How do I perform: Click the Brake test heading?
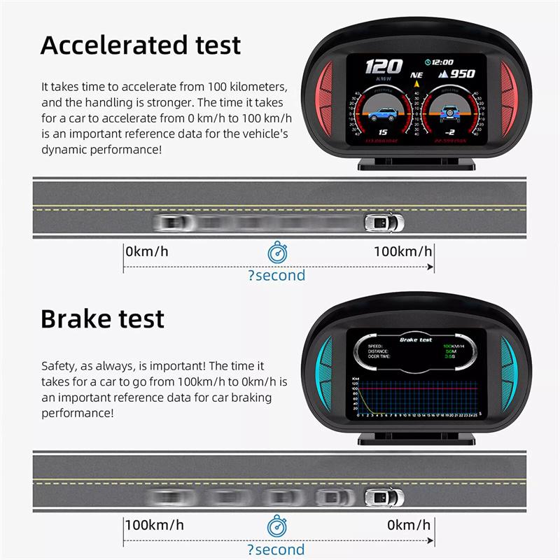[102, 318]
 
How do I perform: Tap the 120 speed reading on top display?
[384, 67]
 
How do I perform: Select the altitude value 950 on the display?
[461, 74]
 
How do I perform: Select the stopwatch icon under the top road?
[277, 252]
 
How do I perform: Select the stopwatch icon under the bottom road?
[277, 525]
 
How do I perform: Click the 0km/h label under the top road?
[147, 251]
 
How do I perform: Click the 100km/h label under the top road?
[402, 251]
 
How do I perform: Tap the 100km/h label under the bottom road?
[155, 524]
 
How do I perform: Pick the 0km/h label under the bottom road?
[409, 524]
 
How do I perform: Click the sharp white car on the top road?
[384, 223]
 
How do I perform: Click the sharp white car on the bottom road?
[384, 497]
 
